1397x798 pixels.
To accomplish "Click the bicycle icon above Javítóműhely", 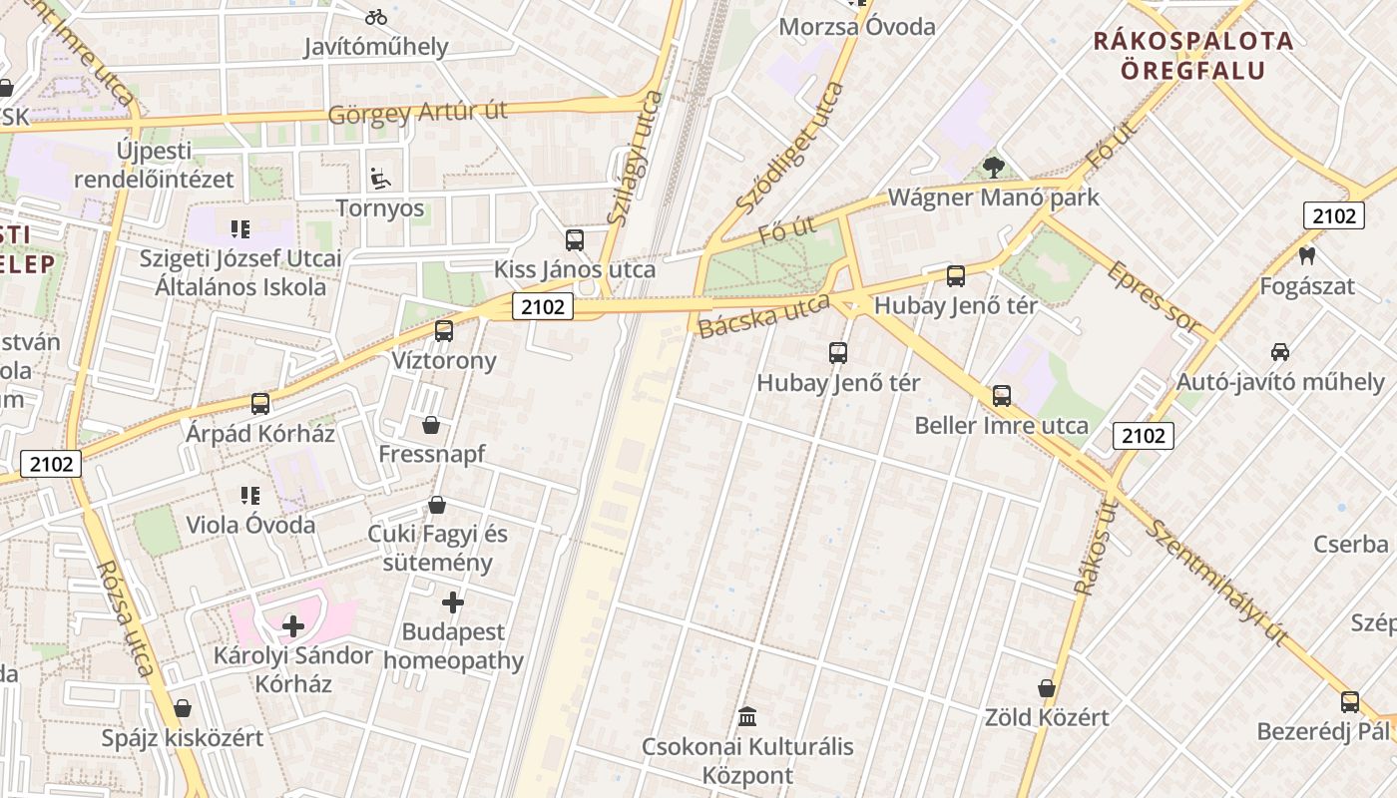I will pos(376,17).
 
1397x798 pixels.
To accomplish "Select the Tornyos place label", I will pos(380,208).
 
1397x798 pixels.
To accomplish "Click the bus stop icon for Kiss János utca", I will pos(575,239).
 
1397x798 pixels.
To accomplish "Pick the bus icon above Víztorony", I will pos(444,331).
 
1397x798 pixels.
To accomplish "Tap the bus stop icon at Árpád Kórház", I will pos(260,404).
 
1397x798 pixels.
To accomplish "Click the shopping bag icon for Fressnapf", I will pos(431,425).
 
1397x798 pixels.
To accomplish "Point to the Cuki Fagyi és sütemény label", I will pos(437,548).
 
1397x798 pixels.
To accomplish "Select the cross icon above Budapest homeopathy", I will pos(453,602).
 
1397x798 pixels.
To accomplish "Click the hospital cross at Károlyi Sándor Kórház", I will pos(293,626).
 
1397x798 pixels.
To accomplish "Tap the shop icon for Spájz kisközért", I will pos(182,708).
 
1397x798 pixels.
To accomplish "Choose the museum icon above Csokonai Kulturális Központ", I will pos(747,716).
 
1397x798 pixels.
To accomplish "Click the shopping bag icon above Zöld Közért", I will pos(1047,688).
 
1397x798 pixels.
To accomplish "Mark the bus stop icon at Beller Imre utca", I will pos(1002,396).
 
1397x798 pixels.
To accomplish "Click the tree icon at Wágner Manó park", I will pos(993,168).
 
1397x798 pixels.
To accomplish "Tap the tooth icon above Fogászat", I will pos(1307,256).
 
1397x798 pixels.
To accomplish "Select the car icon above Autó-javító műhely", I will pos(1280,351).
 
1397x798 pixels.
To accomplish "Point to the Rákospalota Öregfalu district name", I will pos(1193,56).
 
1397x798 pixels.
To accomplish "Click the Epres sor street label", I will pos(1154,297).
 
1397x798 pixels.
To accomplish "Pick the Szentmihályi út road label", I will pos(1216,582).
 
